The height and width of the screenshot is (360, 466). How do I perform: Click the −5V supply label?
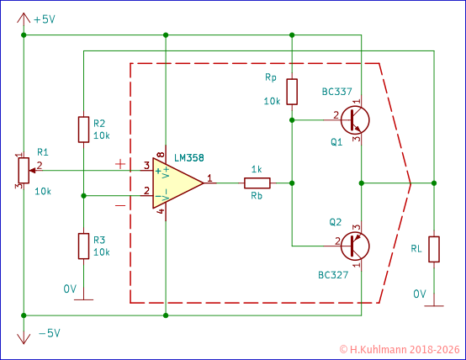click(x=49, y=332)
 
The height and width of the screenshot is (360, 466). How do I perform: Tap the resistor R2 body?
click(x=83, y=129)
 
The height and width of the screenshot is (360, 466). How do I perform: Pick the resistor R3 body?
click(x=83, y=246)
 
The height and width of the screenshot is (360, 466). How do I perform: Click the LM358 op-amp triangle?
click(x=175, y=183)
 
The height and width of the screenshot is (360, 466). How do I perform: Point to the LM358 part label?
click(x=189, y=157)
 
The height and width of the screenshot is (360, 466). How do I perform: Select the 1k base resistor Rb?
click(x=257, y=183)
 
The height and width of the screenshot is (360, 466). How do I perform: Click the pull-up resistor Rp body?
click(x=291, y=92)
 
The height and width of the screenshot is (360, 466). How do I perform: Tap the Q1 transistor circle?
click(x=355, y=119)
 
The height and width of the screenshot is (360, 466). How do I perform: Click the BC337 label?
click(x=336, y=91)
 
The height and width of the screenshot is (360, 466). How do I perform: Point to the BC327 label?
click(x=334, y=275)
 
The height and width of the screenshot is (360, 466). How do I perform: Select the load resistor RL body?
click(x=434, y=250)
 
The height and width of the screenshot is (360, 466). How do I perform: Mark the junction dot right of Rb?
click(x=291, y=183)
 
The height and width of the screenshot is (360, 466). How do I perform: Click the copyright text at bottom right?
click(x=400, y=348)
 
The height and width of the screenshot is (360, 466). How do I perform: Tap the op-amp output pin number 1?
click(x=209, y=177)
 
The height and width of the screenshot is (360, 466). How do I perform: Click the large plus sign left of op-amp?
click(x=121, y=164)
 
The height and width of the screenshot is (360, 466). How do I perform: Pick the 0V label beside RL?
click(x=420, y=294)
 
